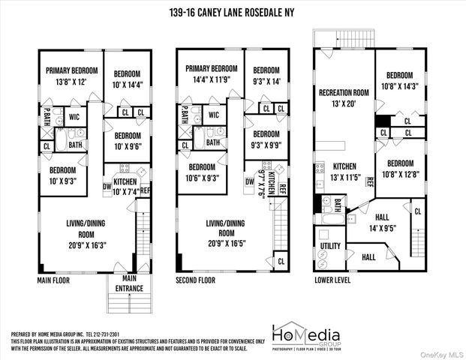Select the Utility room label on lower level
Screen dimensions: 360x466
coord(330,246)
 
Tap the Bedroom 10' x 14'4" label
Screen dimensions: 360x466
coord(127,79)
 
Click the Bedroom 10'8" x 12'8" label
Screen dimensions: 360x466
coord(398,169)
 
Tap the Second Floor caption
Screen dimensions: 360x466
coord(197,280)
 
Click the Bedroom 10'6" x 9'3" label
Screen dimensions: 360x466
coord(203,172)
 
